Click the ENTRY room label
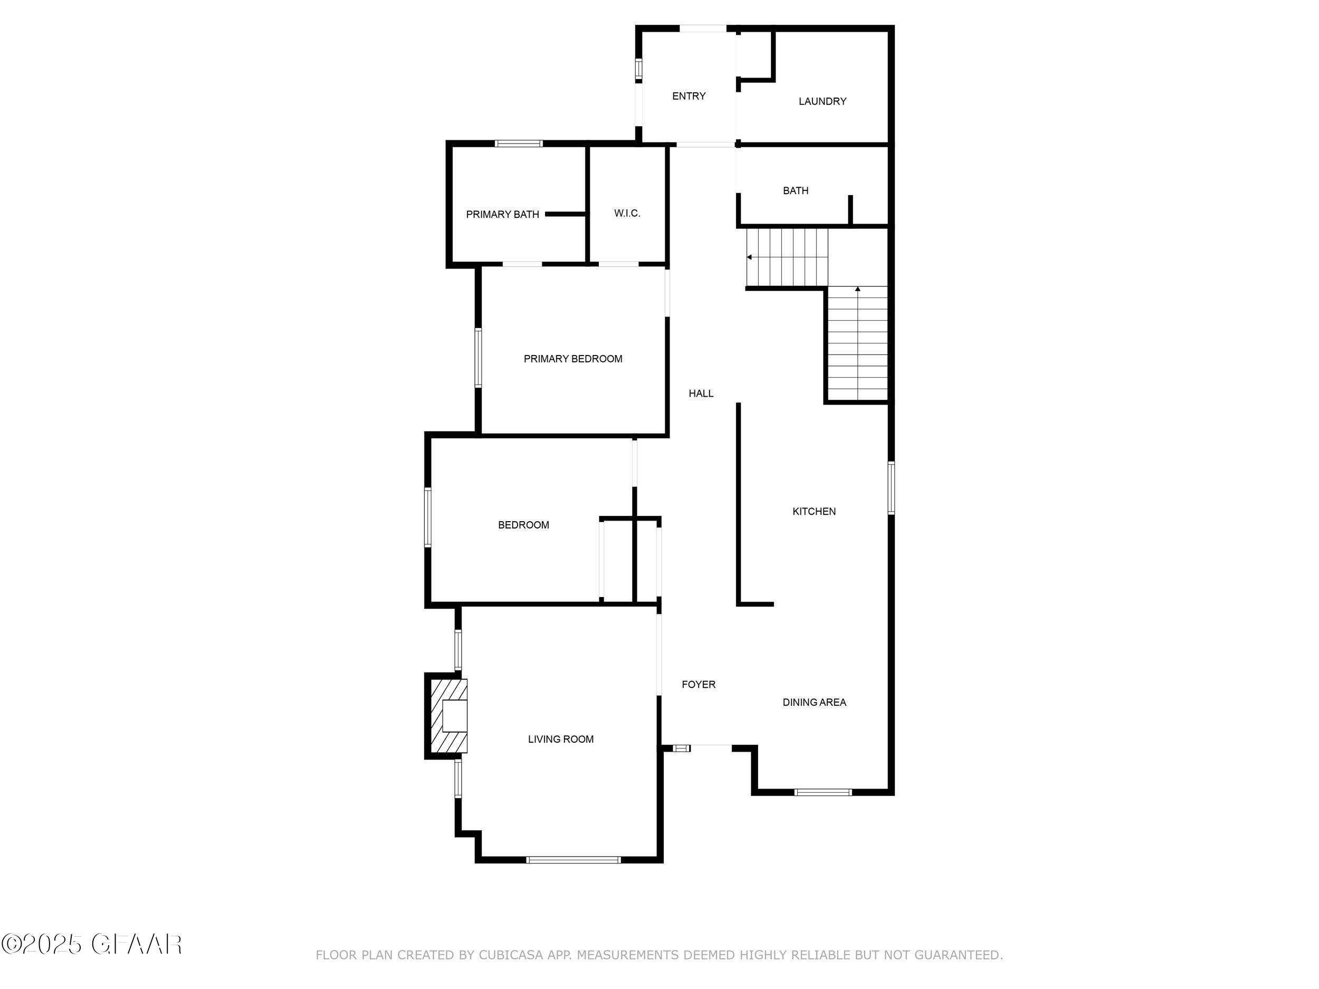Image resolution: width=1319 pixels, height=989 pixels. click(x=689, y=96)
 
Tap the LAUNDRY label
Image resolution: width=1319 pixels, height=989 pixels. click(x=823, y=101)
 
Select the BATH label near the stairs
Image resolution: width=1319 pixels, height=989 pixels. click(x=796, y=191)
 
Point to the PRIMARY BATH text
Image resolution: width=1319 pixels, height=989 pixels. click(x=502, y=215)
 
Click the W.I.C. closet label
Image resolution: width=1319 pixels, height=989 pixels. click(x=627, y=214)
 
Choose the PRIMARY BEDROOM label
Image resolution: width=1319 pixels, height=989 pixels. click(x=572, y=359)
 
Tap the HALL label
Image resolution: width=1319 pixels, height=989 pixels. click(x=701, y=393)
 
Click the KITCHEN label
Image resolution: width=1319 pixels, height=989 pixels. click(x=814, y=512)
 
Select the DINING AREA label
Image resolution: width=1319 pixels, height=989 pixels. click(x=814, y=702)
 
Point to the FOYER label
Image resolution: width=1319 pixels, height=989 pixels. click(x=698, y=684)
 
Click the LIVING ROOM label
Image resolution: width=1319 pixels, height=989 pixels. click(x=560, y=739)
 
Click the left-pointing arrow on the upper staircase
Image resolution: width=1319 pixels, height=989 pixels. click(x=750, y=257)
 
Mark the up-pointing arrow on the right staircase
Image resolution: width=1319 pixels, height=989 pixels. click(x=857, y=290)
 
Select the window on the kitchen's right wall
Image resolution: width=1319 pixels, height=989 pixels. click(x=891, y=488)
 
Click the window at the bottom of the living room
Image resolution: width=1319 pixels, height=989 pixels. click(x=573, y=860)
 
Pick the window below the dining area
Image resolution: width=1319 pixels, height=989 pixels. click(x=823, y=792)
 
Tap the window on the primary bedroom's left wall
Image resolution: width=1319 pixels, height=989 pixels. click(x=478, y=358)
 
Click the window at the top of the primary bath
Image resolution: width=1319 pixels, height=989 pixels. click(x=519, y=143)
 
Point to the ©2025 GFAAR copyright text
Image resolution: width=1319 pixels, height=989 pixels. click(x=92, y=943)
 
